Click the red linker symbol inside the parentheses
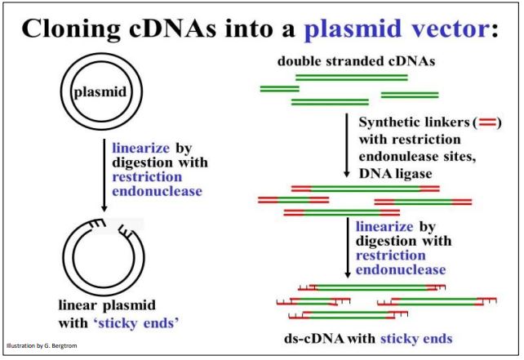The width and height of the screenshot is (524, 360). pos(489,122)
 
